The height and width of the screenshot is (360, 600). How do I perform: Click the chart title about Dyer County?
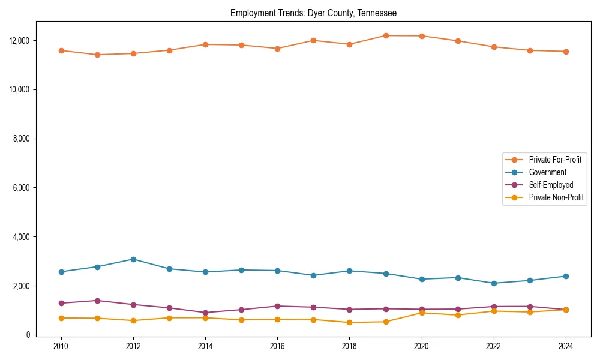(313, 13)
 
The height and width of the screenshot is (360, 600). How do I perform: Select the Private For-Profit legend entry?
(554, 160)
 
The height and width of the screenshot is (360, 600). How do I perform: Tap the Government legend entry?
(547, 172)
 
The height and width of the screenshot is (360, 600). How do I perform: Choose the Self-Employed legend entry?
(551, 185)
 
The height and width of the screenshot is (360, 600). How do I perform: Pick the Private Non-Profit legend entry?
(556, 197)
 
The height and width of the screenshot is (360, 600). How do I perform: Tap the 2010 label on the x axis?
(60, 346)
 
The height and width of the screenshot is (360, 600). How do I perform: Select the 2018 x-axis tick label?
(349, 346)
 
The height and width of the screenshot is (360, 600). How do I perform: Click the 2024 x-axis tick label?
(566, 346)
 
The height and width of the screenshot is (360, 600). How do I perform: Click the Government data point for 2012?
(133, 259)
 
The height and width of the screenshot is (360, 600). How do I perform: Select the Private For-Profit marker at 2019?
(386, 35)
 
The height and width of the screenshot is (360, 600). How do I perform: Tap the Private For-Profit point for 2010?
(61, 50)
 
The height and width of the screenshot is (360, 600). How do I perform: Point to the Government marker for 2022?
(494, 283)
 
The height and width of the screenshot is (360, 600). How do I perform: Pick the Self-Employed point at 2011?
(97, 301)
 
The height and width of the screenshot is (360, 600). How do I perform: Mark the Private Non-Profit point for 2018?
(349, 322)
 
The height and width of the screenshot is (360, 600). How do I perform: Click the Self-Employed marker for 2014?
(205, 313)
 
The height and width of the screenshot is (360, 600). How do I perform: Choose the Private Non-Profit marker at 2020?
(422, 313)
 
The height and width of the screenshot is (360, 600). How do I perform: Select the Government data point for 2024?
(566, 276)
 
